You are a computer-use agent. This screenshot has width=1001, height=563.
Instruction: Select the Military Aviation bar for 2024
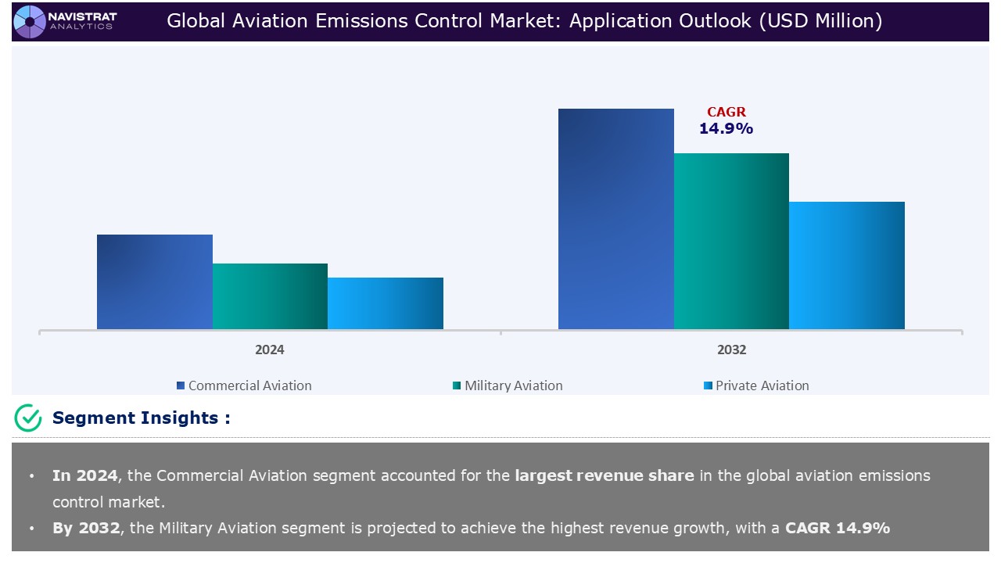point(270,296)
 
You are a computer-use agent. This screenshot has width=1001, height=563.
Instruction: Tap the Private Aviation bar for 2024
point(385,303)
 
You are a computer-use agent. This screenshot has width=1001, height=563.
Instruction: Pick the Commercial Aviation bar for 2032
point(615,219)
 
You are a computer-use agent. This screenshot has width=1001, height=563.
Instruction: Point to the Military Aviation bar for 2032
point(731,241)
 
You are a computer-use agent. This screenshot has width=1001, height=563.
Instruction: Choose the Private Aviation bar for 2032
point(846,265)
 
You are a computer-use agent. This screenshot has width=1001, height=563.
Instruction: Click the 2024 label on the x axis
point(270,350)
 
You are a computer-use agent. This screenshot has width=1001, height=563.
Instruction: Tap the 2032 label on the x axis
point(731,350)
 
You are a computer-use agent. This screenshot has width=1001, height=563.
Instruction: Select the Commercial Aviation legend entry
point(249,385)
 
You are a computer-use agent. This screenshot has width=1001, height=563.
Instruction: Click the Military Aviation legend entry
point(512,385)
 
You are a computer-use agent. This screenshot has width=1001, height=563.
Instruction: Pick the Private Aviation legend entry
point(761,385)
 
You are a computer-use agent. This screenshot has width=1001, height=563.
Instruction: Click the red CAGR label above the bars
point(727,113)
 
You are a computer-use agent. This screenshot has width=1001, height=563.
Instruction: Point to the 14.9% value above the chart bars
point(726,129)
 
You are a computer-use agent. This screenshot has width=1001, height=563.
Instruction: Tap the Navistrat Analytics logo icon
point(30,20)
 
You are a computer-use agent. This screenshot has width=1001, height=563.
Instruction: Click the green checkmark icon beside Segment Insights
point(28,418)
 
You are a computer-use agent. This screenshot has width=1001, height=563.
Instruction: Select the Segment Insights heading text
point(141,418)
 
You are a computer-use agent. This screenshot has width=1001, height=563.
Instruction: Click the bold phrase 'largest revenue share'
point(604,475)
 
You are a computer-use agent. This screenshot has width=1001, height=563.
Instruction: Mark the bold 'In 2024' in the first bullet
point(84,475)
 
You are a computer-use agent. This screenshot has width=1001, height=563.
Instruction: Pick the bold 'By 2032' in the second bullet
point(86,528)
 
